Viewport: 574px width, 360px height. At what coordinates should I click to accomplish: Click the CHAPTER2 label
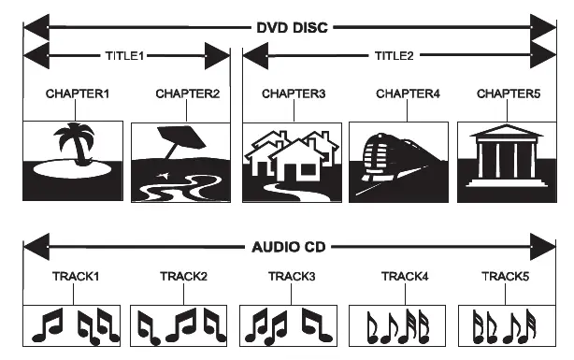click(x=180, y=94)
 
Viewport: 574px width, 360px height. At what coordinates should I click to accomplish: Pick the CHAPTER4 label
click(x=404, y=94)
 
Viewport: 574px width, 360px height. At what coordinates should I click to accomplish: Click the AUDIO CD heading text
click(x=287, y=248)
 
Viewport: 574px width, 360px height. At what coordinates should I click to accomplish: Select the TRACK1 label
click(x=72, y=277)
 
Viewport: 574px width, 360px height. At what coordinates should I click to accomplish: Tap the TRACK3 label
click(x=289, y=277)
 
